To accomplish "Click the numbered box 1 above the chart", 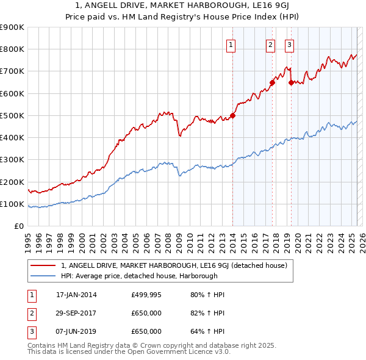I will coord(232,44).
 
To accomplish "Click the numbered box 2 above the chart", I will coord(270,44).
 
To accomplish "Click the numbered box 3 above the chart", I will coord(289,44).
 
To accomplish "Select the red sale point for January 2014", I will coord(232,115).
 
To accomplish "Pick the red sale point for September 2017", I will coord(272,82).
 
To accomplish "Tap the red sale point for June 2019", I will coord(291,82).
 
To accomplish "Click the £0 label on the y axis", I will coord(18,226).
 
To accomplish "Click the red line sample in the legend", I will coord(43,265).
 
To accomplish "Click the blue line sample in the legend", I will coord(43,275).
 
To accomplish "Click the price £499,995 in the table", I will coord(146,295).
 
